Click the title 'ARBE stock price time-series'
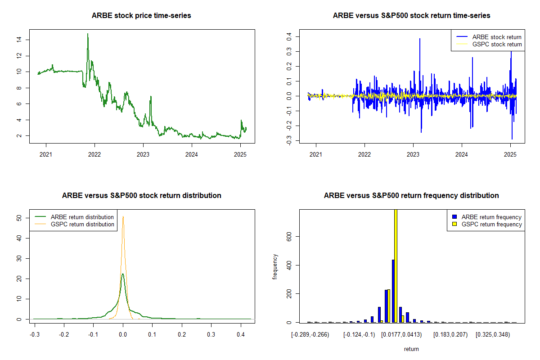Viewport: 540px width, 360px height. coord(141,15)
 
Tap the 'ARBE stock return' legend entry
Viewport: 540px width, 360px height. coord(489,37)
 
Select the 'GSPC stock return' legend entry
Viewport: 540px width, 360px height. coord(489,44)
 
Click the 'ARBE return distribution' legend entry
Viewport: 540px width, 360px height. coord(74,217)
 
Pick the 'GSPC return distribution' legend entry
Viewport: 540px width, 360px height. coord(74,224)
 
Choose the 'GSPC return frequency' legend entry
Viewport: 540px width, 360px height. coord(487,224)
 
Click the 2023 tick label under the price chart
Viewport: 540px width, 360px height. coord(143,154)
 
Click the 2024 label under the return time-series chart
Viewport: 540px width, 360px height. coord(462,154)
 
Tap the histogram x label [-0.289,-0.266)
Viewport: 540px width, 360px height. coord(310,335)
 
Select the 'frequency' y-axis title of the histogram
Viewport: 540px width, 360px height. coord(275,266)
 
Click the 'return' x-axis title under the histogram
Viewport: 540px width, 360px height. coord(411,349)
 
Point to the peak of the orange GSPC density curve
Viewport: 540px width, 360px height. coord(123,216)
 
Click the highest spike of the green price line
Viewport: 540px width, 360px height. coord(88,34)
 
